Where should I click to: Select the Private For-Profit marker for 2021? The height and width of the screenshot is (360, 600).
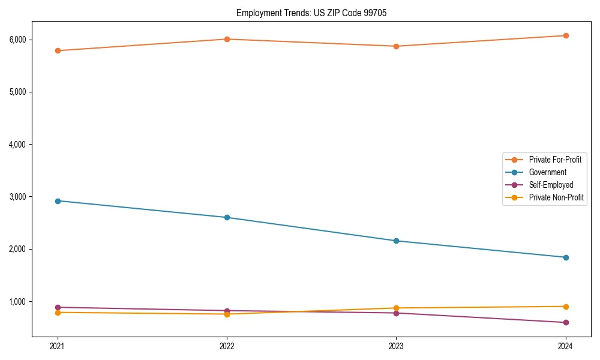point(58,50)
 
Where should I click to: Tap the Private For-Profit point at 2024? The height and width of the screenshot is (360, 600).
point(566,35)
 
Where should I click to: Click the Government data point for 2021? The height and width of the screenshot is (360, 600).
point(58,201)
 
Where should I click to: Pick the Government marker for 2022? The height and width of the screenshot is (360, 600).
point(227,217)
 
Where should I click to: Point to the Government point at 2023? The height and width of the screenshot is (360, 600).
point(396,241)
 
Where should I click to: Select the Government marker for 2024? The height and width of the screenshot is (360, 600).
point(566,257)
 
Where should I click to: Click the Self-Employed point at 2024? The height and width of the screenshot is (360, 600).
point(566,322)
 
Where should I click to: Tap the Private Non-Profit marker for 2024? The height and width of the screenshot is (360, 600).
point(566,307)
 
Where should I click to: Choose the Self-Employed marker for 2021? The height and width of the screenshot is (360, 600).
point(58,307)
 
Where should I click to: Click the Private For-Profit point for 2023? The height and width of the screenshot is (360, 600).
point(396,46)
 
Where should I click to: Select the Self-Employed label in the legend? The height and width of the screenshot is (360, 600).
point(551,185)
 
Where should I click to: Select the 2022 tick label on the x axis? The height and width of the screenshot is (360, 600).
point(227,346)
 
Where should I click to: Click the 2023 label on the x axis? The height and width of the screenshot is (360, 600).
point(396,346)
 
